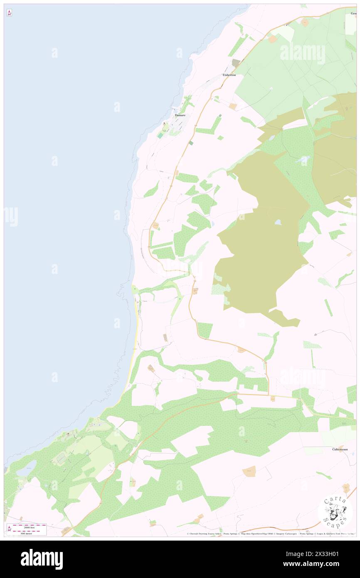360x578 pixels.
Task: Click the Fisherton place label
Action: click(x=229, y=75)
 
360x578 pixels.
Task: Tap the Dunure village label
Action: click(x=180, y=115)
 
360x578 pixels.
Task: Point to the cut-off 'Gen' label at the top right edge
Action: click(x=353, y=13)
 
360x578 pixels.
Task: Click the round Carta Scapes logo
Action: click(x=335, y=512)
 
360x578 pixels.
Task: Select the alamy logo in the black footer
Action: click(x=42, y=559)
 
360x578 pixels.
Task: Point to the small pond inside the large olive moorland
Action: click(x=278, y=222)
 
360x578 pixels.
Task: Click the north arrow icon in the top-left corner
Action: click(x=9, y=13)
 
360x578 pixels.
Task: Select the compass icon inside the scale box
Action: click(x=9, y=529)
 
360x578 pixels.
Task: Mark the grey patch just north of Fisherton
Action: click(x=236, y=63)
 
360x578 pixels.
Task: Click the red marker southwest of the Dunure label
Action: click(x=165, y=124)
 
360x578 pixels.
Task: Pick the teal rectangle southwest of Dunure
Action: click(x=160, y=136)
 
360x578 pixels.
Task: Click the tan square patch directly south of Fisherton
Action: click(x=233, y=106)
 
